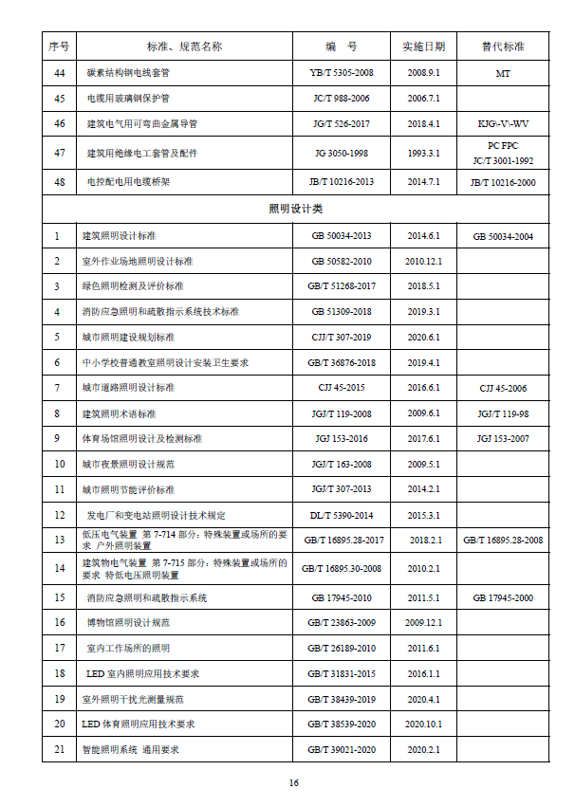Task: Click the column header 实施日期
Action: [423, 46]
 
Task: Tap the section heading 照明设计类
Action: [296, 208]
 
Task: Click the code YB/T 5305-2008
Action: [342, 72]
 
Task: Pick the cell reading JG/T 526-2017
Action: [342, 123]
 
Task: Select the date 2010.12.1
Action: [423, 261]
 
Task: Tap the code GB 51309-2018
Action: [342, 311]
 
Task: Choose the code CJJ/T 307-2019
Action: [342, 337]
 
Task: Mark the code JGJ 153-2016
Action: [342, 439]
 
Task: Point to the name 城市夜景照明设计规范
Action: [128, 465]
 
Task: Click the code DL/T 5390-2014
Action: [342, 515]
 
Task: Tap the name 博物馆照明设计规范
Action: [128, 622]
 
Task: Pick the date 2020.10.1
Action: [423, 724]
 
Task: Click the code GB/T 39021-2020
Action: [342, 749]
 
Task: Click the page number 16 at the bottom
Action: [294, 782]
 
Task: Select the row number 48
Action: [59, 181]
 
